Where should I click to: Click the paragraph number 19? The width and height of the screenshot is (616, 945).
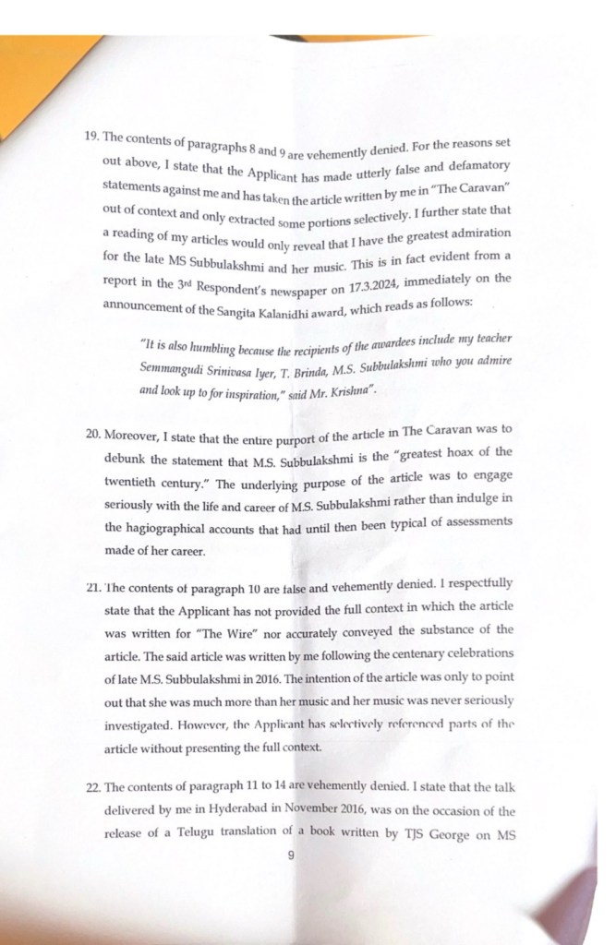point(91,135)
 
